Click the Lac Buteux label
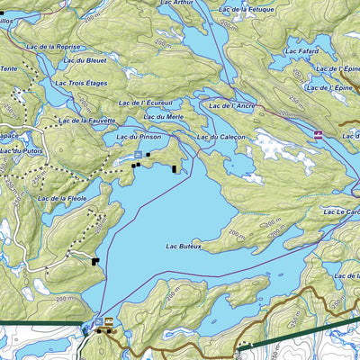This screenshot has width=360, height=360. click(184, 244)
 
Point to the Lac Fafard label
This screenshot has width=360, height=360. click(304, 51)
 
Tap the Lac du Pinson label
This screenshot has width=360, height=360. click(139, 136)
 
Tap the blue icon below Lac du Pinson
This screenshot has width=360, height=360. click(137, 155)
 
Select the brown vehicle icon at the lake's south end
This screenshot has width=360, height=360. click(110, 321)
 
